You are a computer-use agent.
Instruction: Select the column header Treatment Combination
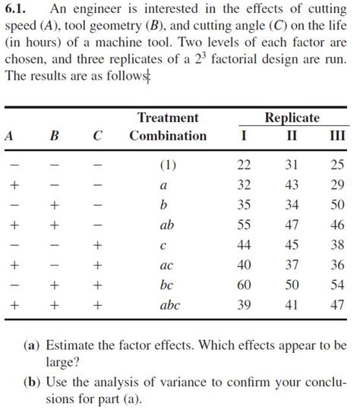168,127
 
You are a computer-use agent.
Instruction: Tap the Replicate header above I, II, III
292,118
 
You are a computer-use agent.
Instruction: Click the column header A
9,136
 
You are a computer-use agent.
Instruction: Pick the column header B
54,136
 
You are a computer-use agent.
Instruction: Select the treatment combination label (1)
168,165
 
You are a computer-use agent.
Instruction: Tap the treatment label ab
168,225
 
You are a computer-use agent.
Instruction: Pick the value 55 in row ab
243,225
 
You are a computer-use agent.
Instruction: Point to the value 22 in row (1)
243,165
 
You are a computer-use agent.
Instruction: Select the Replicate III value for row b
337,204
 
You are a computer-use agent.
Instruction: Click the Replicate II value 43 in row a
291,184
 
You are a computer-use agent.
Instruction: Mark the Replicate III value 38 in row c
337,244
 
